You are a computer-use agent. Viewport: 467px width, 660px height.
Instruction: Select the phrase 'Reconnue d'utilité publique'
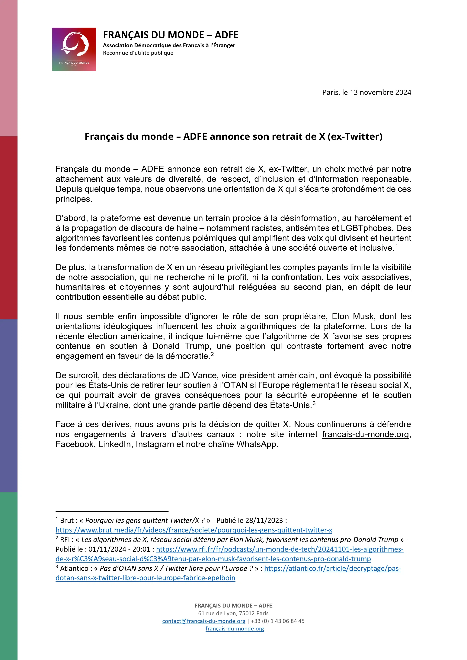click(138, 53)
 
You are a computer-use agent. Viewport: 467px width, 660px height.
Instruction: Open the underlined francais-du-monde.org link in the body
click(365, 434)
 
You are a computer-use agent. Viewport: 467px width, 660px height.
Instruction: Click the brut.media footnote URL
click(194, 530)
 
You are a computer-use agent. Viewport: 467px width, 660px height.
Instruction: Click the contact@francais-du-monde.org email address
click(204, 621)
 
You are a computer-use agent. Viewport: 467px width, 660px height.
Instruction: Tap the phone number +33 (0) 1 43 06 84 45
click(278, 621)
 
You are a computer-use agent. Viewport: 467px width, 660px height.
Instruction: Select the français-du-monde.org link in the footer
click(235, 629)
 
